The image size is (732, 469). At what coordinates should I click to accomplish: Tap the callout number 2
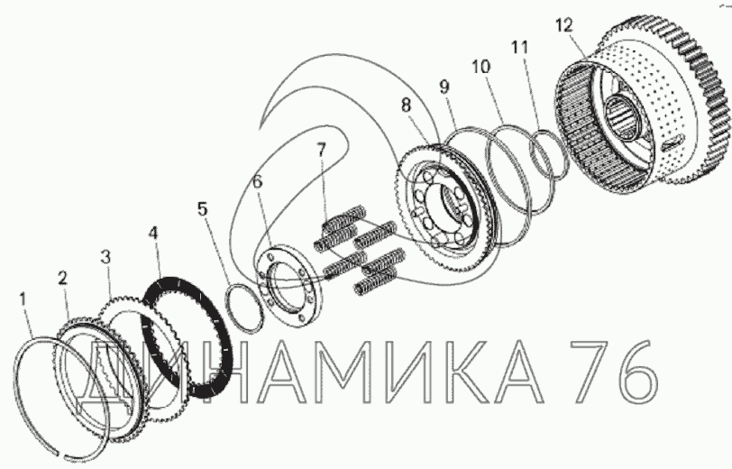tap(62, 279)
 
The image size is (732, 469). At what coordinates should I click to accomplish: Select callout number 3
tap(106, 256)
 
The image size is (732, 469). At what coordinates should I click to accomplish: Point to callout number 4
tap(153, 234)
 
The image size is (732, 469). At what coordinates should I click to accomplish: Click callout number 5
tap(202, 209)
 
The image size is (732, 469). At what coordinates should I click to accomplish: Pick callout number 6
tap(258, 181)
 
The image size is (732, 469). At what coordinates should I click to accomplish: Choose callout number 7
tap(321, 151)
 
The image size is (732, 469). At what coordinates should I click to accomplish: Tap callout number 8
tap(407, 106)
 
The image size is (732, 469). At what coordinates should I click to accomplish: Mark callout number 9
tap(444, 87)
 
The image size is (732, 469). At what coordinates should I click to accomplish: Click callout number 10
tap(481, 67)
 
